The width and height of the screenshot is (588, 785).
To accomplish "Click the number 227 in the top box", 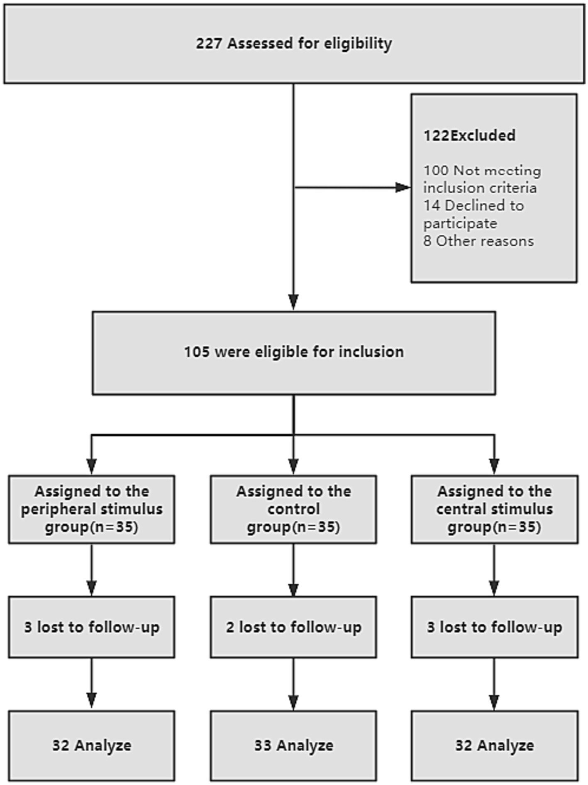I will [209, 43].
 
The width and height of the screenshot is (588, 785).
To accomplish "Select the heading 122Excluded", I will [469, 135].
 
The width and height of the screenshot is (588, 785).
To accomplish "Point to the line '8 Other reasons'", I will [478, 241].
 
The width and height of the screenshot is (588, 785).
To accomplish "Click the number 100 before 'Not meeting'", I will [436, 170].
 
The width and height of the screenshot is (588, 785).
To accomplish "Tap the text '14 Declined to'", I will [473, 205].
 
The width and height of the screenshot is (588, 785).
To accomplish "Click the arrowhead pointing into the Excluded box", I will [403, 188].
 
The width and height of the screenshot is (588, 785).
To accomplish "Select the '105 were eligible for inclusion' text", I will [294, 352].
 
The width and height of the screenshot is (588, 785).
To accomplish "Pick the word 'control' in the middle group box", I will [293, 509].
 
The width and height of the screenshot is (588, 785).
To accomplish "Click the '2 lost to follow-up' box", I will [293, 627].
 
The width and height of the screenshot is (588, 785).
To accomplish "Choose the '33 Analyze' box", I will [293, 746].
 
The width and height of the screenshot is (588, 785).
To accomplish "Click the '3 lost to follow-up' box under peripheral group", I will [92, 627].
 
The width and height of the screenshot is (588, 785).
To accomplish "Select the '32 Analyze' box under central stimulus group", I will [494, 746].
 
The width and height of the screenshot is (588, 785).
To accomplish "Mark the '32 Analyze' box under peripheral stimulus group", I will [92, 746].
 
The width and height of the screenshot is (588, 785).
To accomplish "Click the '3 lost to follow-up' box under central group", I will [494, 627].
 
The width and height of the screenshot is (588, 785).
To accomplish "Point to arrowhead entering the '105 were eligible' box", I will [293, 302].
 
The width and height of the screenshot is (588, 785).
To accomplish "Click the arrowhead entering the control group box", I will [293, 466].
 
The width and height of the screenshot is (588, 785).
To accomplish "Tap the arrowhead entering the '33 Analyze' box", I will [293, 702].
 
